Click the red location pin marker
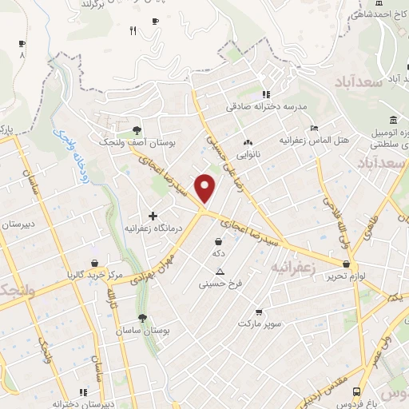pyautogui.click(x=206, y=187)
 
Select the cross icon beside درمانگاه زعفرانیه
pyautogui.click(x=153, y=216)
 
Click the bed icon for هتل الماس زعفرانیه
pyautogui.click(x=314, y=128)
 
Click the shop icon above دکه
pyautogui.click(x=219, y=240)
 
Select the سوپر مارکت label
pyautogui.click(x=257, y=324)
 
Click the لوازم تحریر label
pyautogui.click(x=340, y=276)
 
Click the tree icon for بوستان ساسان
pyautogui.click(x=142, y=317)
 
